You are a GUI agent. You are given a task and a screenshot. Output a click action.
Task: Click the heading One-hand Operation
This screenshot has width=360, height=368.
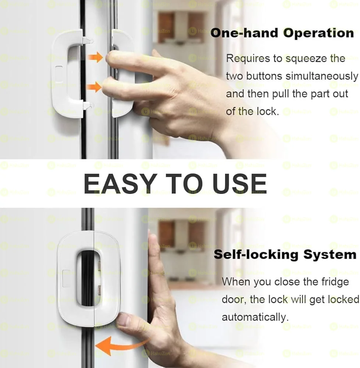282,33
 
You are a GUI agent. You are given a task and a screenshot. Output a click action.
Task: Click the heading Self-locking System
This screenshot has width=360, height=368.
285,254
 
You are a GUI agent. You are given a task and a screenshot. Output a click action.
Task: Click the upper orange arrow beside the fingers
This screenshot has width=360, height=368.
95,57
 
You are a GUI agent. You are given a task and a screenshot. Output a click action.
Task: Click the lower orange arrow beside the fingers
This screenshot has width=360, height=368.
93,87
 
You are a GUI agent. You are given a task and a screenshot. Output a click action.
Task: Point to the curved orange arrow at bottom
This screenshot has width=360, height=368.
118,346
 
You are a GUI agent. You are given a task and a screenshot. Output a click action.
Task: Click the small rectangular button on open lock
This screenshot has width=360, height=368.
59,74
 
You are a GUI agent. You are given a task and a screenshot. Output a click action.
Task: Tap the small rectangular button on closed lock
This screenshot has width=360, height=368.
67,279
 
